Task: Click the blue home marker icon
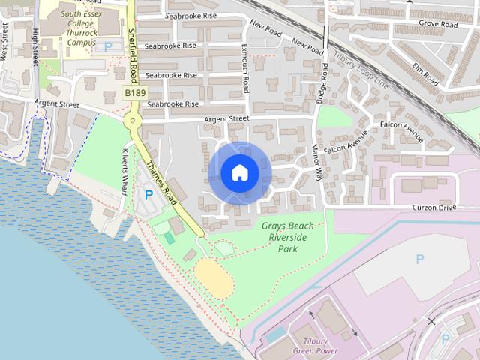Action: (x=239, y=172)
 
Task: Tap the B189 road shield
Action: (x=135, y=92)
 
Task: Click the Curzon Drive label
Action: (x=433, y=207)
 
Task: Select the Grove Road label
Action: (x=438, y=24)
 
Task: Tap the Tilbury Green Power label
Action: (x=316, y=346)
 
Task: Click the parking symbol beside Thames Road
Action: (x=148, y=196)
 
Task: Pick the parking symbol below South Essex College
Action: (x=109, y=46)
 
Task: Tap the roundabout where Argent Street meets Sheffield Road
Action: (x=133, y=120)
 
